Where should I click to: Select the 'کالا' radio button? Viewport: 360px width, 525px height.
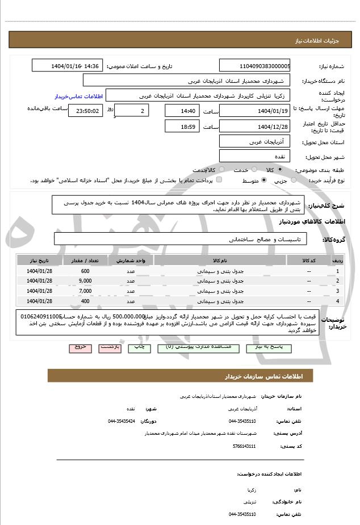click(x=279, y=170)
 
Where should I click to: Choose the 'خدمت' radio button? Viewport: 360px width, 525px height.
click(x=253, y=170)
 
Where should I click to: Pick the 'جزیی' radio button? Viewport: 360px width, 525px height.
click(x=294, y=180)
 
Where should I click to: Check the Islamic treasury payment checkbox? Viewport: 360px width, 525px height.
click(x=219, y=180)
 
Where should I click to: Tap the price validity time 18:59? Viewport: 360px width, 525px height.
click(x=182, y=126)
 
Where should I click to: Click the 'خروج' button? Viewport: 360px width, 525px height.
click(x=79, y=347)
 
